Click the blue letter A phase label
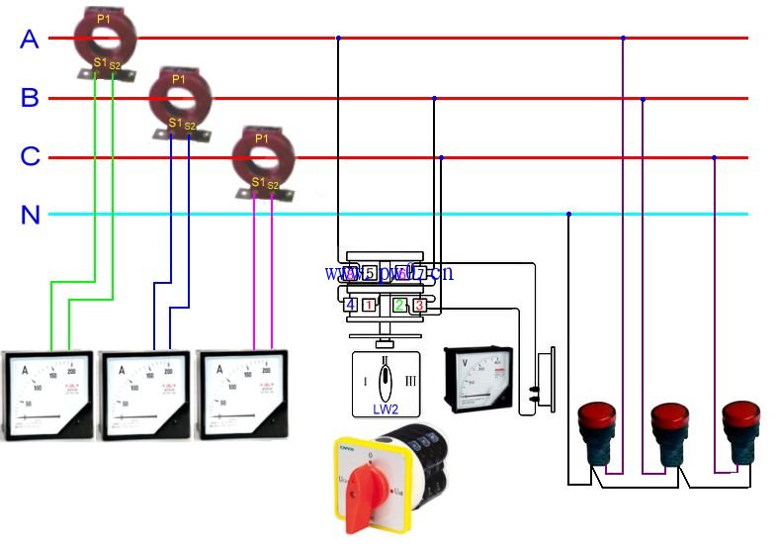point(30,40)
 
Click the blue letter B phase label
point(30,98)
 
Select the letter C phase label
point(30,156)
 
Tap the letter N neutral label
point(31,215)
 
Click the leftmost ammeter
point(47,395)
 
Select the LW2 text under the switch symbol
point(386,408)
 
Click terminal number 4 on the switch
point(350,305)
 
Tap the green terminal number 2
point(399,305)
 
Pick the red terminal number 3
point(419,305)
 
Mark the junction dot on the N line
point(568,214)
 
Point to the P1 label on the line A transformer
point(104,19)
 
